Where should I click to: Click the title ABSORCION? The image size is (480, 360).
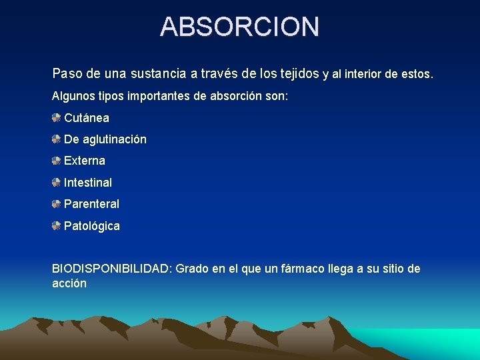click(x=240, y=27)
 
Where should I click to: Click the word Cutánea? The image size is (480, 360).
click(x=87, y=118)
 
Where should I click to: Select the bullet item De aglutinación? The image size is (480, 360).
click(x=105, y=139)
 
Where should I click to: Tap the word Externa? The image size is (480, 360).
click(x=85, y=161)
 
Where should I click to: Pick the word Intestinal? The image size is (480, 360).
click(x=88, y=182)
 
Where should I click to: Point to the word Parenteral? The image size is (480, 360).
click(x=91, y=204)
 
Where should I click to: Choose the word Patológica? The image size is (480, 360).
click(x=92, y=226)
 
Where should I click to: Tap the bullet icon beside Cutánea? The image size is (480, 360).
click(x=57, y=118)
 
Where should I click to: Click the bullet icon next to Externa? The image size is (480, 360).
click(x=57, y=161)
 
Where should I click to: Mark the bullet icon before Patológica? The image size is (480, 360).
click(x=57, y=226)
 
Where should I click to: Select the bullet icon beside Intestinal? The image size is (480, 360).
click(x=57, y=182)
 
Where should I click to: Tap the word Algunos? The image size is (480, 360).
click(x=73, y=96)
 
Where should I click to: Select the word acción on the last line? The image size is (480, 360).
click(x=69, y=283)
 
